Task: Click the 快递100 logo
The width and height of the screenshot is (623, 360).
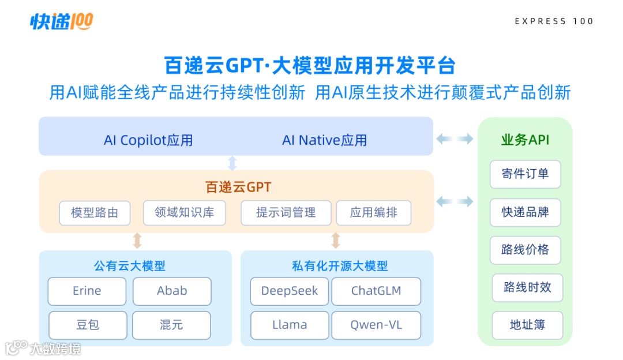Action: click(x=61, y=21)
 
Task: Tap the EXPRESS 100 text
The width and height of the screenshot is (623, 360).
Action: click(x=554, y=21)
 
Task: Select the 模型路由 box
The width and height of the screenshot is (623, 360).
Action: click(x=95, y=213)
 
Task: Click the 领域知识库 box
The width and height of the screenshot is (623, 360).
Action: click(x=184, y=213)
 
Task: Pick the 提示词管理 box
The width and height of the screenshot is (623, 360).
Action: click(x=286, y=213)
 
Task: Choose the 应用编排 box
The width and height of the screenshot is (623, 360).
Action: click(x=373, y=213)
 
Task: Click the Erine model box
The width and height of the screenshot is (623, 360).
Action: click(x=87, y=291)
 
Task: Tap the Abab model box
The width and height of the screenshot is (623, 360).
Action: click(x=172, y=291)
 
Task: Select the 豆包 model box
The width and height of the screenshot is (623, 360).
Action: click(x=87, y=325)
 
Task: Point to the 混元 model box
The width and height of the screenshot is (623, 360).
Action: click(x=171, y=325)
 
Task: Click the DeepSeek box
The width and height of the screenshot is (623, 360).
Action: click(x=289, y=291)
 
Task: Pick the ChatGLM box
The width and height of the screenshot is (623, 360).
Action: click(x=376, y=291)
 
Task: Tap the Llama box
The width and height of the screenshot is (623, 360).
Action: click(x=289, y=325)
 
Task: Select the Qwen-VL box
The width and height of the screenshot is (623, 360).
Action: click(x=376, y=325)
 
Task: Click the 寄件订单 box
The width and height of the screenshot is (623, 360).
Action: click(x=525, y=174)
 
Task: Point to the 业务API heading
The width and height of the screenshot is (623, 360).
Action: click(x=525, y=140)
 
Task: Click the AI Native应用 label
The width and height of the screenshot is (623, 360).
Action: click(x=324, y=140)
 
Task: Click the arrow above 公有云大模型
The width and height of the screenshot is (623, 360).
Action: click(x=137, y=241)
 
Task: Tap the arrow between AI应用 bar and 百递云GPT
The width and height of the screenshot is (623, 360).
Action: click(x=232, y=163)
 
